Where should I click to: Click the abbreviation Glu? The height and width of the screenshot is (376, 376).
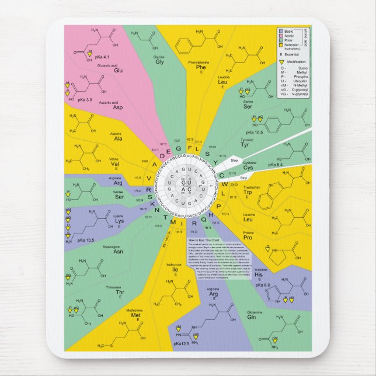point(118,71)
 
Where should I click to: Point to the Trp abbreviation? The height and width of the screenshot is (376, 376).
point(248,192)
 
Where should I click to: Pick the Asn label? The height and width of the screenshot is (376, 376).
point(118,252)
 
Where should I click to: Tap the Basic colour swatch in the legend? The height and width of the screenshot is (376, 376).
point(282,30)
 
